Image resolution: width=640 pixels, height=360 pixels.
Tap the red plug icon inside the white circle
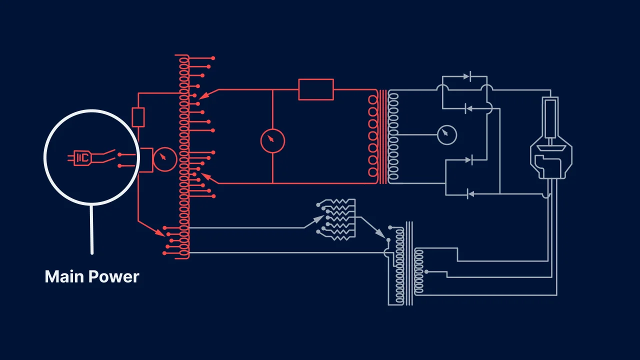coord(80,158)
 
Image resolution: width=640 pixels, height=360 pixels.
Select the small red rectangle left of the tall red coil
coord(138,117)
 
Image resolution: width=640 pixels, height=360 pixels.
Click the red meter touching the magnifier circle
coord(164,159)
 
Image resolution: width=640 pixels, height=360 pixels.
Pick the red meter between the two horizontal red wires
coord(272,140)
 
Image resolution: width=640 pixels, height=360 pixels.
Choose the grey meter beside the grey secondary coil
coord(446,134)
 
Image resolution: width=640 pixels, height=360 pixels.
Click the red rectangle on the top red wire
coord(316,89)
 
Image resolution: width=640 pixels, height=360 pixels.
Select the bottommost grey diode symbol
coord(469,193)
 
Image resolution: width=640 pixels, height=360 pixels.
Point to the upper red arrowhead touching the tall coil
coord(203,94)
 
